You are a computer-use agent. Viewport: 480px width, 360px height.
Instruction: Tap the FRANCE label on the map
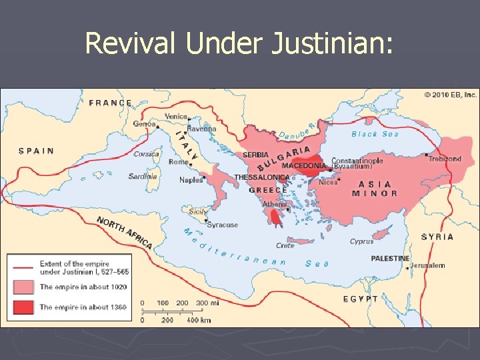pyautogui.click(x=111, y=103)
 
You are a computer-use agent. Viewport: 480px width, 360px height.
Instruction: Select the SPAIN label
pyautogui.click(x=36, y=151)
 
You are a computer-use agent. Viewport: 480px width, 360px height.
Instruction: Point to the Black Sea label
pyautogui.click(x=375, y=134)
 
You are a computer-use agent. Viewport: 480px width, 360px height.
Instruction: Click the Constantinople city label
pyautogui.click(x=357, y=161)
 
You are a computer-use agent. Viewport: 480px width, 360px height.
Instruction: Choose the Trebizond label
pyautogui.click(x=445, y=159)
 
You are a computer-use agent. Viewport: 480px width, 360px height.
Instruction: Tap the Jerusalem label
pyautogui.click(x=428, y=265)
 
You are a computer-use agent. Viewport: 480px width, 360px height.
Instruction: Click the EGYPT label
pyautogui.click(x=360, y=299)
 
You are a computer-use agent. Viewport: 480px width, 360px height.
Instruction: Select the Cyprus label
pyautogui.click(x=362, y=241)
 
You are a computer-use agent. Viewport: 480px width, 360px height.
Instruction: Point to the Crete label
pyautogui.click(x=285, y=245)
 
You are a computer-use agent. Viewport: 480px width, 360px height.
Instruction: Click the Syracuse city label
pyautogui.click(x=222, y=225)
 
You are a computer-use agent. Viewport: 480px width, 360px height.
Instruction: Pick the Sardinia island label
pyautogui.click(x=143, y=177)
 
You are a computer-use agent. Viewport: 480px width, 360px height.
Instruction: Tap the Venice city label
pyautogui.click(x=177, y=116)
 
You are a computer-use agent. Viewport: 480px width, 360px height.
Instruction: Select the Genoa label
pyautogui.click(x=145, y=124)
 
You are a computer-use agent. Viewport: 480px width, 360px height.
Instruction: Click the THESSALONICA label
pyautogui.click(x=262, y=177)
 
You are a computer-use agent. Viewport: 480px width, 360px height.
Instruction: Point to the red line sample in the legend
pyautogui.click(x=23, y=267)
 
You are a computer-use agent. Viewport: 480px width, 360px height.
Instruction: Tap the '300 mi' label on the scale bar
pyautogui.click(x=207, y=303)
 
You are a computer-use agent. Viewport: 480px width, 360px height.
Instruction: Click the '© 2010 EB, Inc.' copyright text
pyautogui.click(x=450, y=95)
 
